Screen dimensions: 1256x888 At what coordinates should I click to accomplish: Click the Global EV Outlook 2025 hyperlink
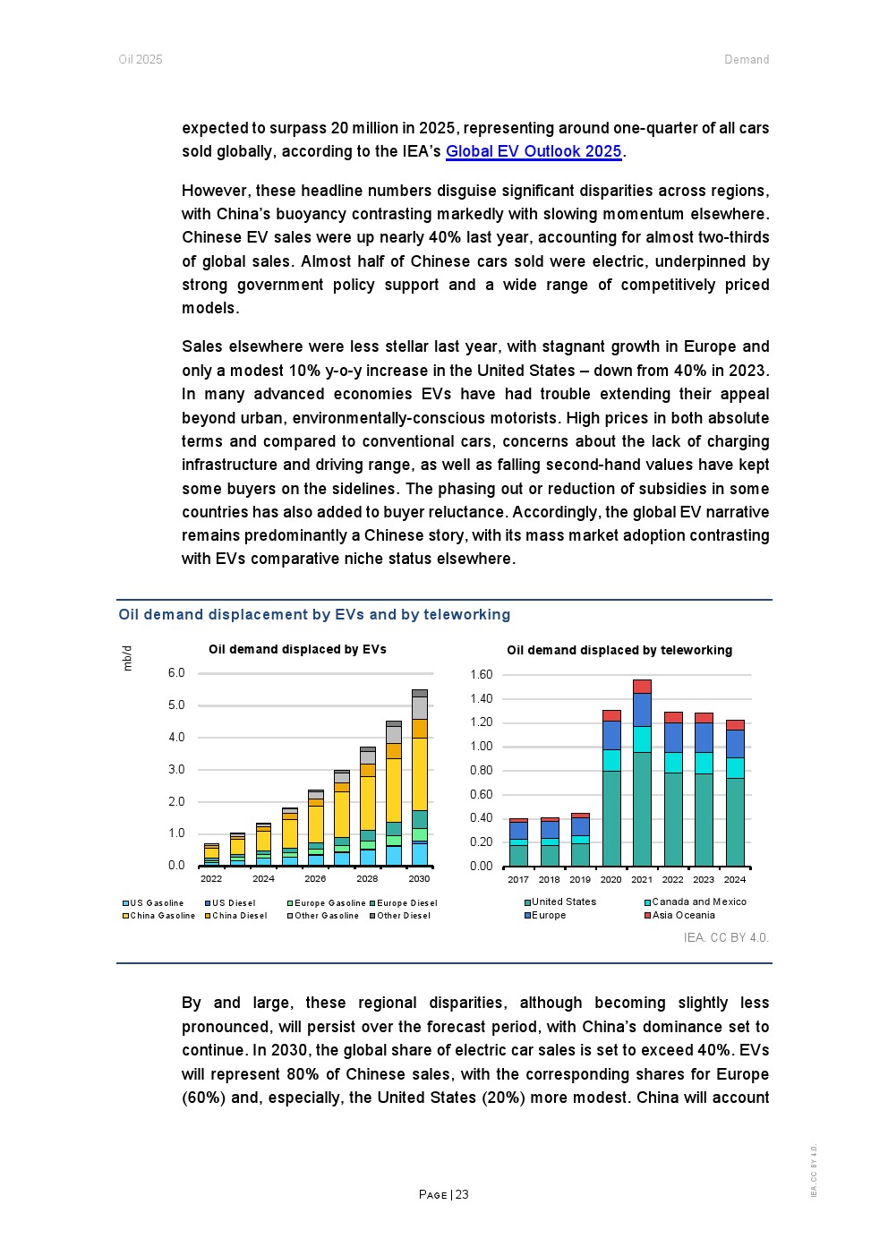[534, 151]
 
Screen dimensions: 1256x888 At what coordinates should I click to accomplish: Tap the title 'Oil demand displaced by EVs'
[297, 649]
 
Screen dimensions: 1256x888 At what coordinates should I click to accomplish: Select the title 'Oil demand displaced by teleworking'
[619, 650]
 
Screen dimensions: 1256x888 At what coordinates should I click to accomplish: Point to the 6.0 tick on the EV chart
[176, 672]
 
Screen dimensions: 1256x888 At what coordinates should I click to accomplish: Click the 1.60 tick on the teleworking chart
[481, 675]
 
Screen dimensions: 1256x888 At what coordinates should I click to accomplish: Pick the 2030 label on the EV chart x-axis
[419, 879]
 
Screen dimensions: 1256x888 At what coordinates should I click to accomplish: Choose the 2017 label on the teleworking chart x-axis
[518, 880]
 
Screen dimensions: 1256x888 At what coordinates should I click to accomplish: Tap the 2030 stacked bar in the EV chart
[419, 779]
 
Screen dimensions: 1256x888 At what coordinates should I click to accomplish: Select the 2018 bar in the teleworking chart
[550, 842]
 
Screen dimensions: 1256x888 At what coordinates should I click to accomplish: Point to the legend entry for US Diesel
[233, 903]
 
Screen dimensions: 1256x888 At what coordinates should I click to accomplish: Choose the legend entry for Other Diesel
[403, 916]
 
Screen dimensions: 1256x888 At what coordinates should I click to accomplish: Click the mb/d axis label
[127, 658]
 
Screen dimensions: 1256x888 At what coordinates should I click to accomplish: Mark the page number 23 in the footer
[462, 1194]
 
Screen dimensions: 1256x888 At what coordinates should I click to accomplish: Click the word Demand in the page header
[747, 60]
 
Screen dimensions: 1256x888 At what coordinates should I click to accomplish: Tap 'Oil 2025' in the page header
[141, 60]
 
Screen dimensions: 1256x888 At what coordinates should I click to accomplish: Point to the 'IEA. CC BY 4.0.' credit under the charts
[726, 937]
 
